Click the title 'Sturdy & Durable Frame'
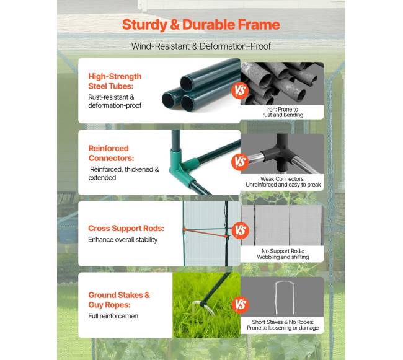[201, 25]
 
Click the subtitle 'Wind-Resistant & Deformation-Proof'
[201, 46]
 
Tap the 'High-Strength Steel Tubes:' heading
[115, 81]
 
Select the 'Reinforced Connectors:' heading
[111, 153]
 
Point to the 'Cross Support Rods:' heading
[126, 228]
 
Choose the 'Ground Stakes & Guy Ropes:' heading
[119, 300]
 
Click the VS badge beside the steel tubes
[240, 90]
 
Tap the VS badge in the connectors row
[240, 162]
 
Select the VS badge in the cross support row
[241, 230]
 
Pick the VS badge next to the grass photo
[241, 304]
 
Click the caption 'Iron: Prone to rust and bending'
[283, 112]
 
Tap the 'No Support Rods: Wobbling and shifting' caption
[283, 254]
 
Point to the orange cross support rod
[205, 232]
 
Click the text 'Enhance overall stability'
[123, 240]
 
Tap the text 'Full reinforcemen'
[113, 316]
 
